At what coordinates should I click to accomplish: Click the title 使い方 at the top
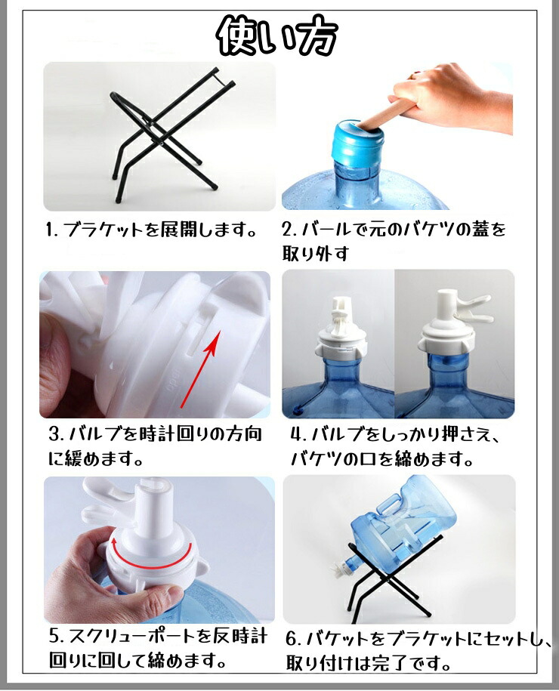tap(278, 37)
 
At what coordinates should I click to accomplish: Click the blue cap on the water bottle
tap(357, 143)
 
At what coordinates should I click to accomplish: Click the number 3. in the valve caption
tap(57, 434)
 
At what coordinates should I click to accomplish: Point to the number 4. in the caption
tap(299, 434)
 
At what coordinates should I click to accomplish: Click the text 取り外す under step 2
tap(315, 254)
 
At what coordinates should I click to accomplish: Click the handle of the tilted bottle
tap(388, 504)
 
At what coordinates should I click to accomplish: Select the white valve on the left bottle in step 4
tap(340, 325)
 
